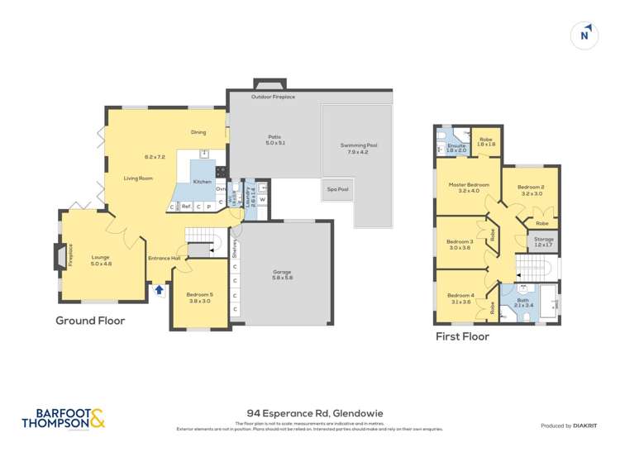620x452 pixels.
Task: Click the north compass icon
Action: tap(584, 35)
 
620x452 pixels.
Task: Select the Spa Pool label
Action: tap(338, 189)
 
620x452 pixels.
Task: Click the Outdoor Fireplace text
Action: tap(273, 98)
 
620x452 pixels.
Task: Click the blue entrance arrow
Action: tap(159, 290)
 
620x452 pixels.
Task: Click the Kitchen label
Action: tap(203, 181)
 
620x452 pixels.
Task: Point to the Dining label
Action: tap(198, 132)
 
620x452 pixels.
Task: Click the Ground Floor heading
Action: tap(90, 321)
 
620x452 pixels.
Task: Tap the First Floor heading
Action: tap(462, 336)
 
